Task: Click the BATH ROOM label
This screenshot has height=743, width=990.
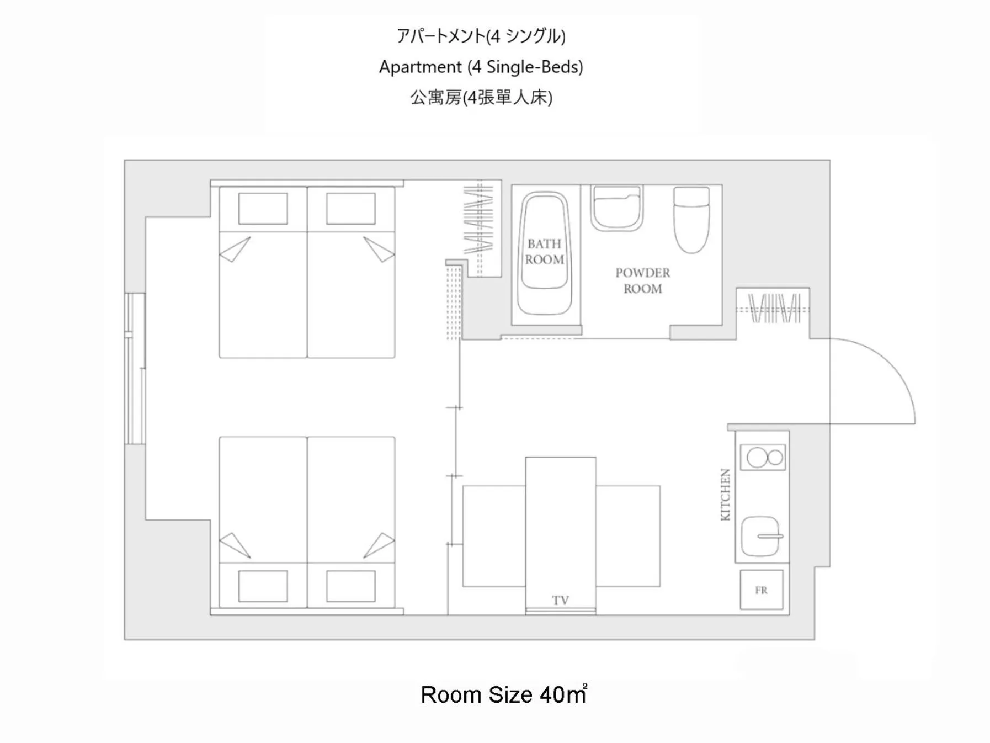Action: click(x=544, y=252)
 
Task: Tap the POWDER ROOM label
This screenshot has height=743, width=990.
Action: click(x=642, y=280)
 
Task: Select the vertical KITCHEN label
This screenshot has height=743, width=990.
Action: click(x=725, y=495)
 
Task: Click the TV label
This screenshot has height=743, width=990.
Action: click(x=560, y=600)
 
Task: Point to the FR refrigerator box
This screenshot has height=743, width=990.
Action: click(x=761, y=590)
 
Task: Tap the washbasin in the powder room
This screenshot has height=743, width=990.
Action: click(x=616, y=208)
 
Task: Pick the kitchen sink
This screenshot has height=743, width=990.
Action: click(x=760, y=535)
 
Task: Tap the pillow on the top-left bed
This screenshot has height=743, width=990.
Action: click(x=263, y=209)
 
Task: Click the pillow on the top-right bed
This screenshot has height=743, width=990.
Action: click(x=350, y=209)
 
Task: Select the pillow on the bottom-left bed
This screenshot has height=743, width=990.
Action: click(x=263, y=586)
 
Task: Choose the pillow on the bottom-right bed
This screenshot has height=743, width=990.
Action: click(x=350, y=586)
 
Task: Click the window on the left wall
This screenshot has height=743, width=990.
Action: click(x=135, y=368)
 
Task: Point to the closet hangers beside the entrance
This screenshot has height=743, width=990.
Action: click(x=774, y=309)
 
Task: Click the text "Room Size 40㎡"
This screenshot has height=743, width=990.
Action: click(x=503, y=694)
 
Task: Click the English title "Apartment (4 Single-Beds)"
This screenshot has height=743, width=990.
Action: click(x=481, y=67)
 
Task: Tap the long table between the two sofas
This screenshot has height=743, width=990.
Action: click(x=560, y=530)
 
